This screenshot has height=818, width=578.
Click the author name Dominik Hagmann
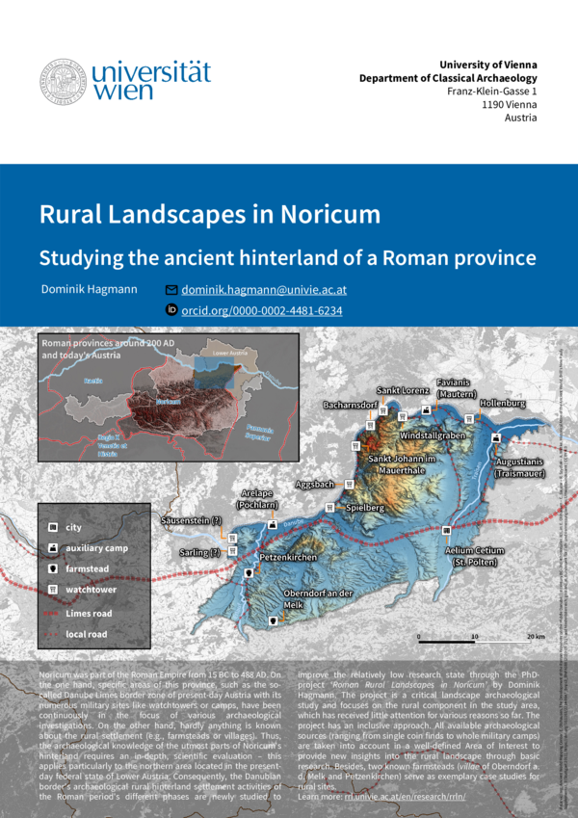coord(90,289)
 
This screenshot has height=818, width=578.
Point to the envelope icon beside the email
coord(171,289)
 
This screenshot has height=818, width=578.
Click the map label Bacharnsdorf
coord(350,406)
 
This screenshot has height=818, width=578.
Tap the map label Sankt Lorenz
coord(403,391)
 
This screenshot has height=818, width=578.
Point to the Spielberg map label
coord(365,507)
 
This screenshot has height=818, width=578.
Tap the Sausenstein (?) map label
coord(191,521)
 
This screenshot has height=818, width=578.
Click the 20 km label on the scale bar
coord(536,637)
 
